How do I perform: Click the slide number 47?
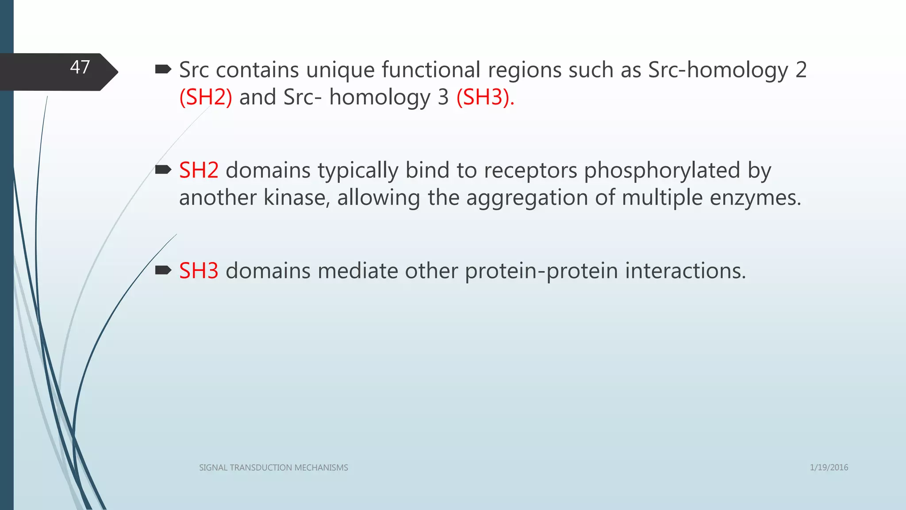(80, 67)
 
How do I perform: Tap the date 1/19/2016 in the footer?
(829, 467)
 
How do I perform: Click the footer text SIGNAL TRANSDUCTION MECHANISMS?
(273, 467)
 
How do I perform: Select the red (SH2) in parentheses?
(206, 97)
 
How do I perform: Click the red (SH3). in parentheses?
(485, 97)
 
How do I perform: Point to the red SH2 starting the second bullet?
(199, 170)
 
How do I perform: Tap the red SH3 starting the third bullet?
(199, 271)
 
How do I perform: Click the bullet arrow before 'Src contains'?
(163, 69)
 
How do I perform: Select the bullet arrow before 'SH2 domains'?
(163, 170)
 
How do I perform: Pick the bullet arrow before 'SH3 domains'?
(163, 270)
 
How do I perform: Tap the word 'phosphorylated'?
(662, 170)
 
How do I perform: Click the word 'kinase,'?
(297, 197)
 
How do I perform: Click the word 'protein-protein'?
(541, 271)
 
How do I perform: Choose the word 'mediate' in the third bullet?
(357, 271)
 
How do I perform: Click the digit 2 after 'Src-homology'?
(801, 70)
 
